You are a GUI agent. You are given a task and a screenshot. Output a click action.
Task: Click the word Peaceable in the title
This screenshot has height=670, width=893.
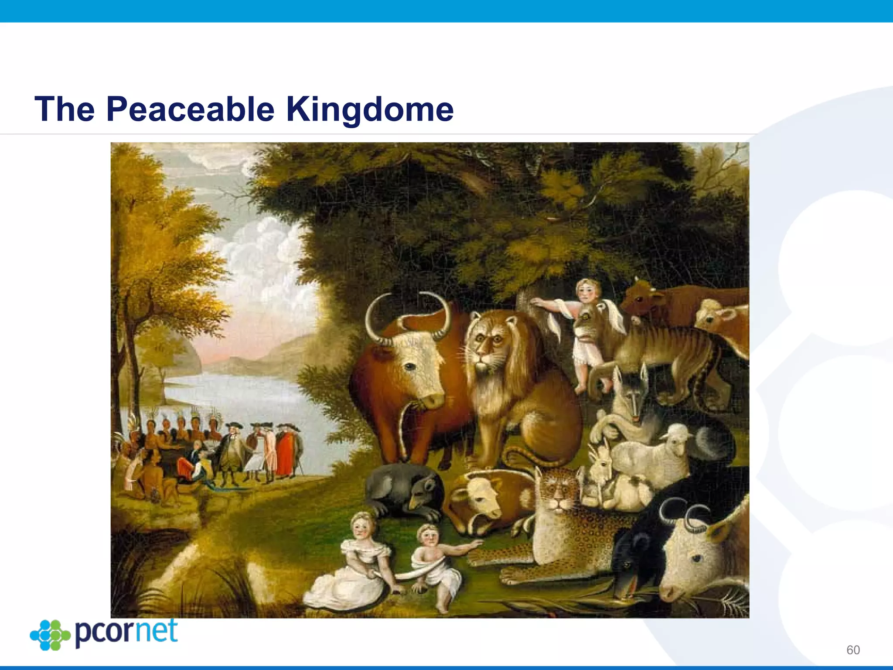click(x=190, y=109)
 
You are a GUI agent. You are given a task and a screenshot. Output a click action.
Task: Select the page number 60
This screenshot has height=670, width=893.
click(x=853, y=650)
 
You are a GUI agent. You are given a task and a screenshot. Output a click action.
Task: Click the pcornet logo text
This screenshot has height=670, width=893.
click(x=126, y=632)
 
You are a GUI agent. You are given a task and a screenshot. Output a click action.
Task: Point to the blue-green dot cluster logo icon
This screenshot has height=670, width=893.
click(x=50, y=635)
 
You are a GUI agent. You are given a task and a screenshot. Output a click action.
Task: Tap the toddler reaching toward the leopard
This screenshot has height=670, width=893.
click(x=436, y=563)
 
